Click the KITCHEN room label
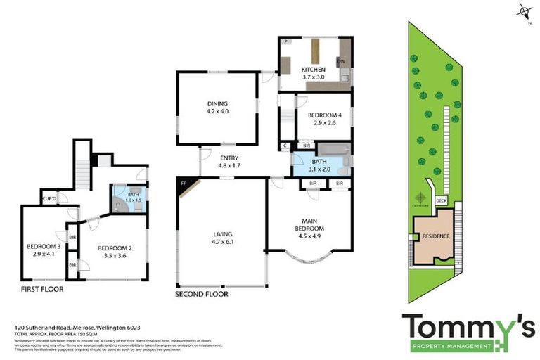coord(314,70)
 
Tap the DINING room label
coord(217,104)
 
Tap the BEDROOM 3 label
coord(42,246)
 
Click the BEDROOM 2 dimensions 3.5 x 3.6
coord(112,256)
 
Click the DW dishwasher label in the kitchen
coord(340,62)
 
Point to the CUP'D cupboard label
coord(49,199)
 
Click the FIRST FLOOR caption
coord(41,288)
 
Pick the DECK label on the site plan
coord(442,200)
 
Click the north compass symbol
coord(523,11)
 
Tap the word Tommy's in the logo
coord(468,328)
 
